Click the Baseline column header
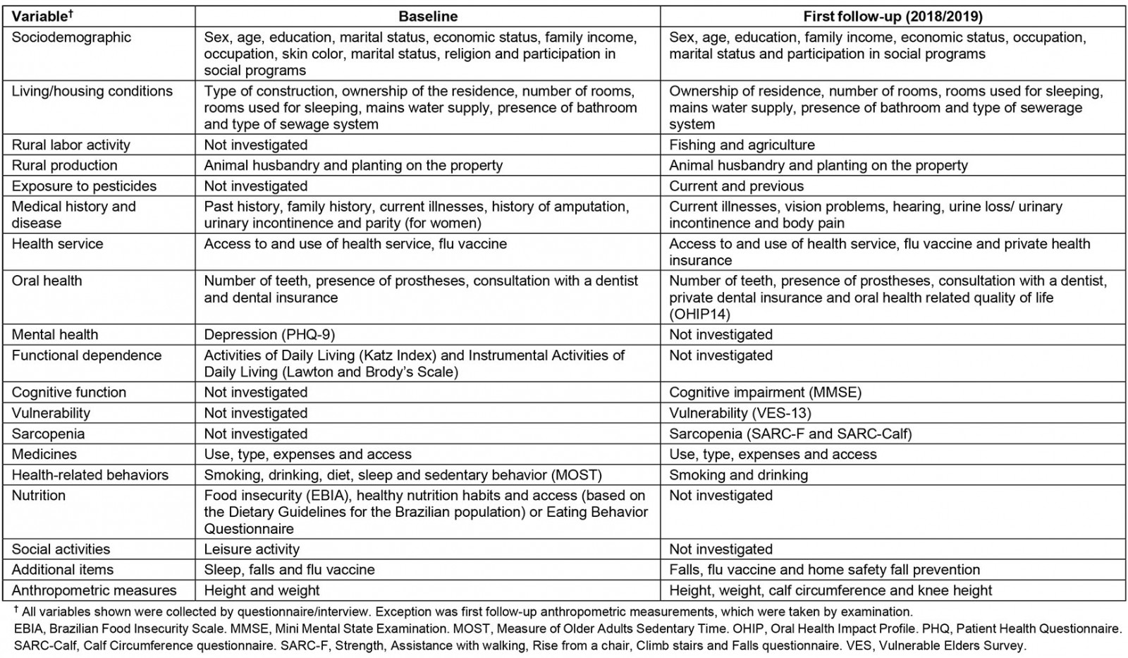[x=428, y=16]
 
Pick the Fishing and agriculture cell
[x=742, y=145]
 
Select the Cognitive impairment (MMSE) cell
[x=765, y=393]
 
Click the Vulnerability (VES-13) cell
[x=740, y=413]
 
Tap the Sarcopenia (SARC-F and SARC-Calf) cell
[x=790, y=434]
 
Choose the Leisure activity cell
[x=252, y=549]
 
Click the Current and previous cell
[x=736, y=186]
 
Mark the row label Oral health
[x=47, y=281]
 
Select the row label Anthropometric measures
[x=94, y=590]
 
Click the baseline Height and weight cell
[x=262, y=590]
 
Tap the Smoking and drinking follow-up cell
[x=738, y=475]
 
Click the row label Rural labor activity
[x=70, y=145]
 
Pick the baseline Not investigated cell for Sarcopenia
[x=255, y=434]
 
